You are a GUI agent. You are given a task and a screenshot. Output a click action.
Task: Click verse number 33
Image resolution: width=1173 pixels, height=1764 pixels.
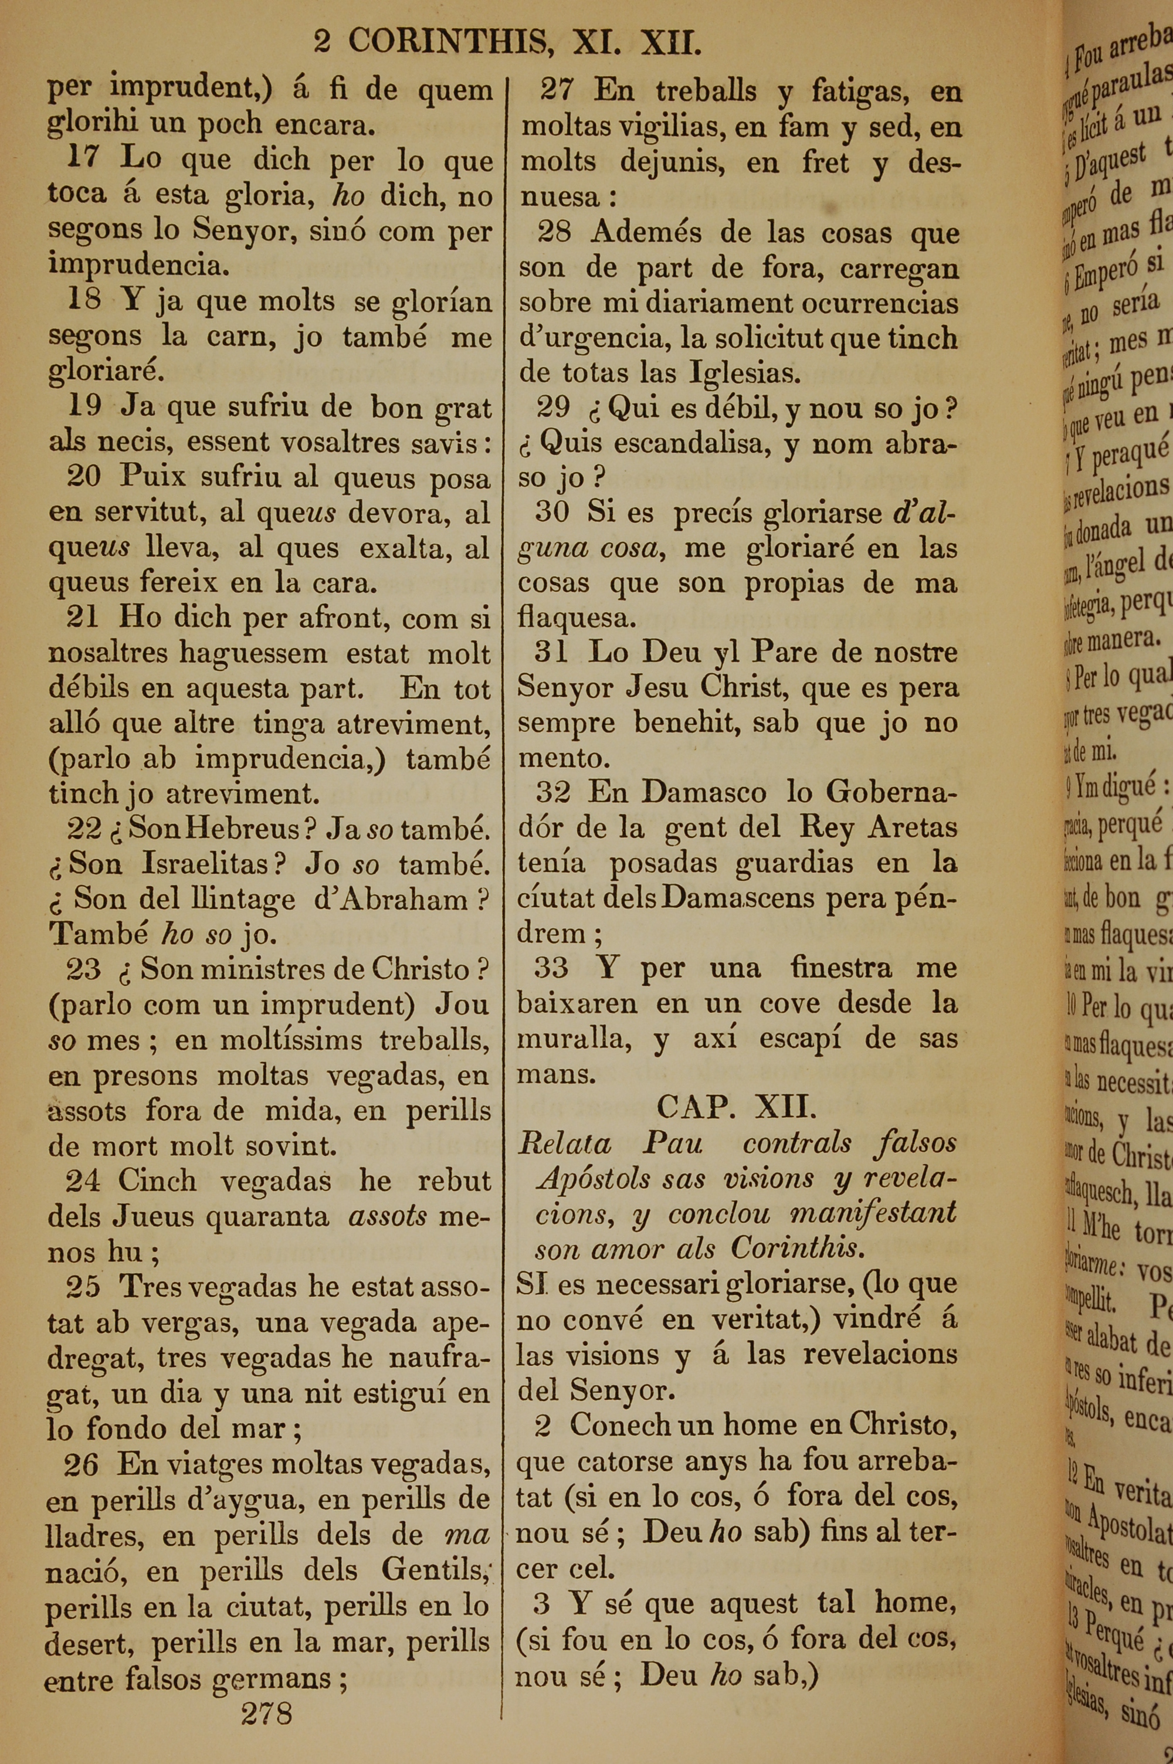pyautogui.click(x=551, y=968)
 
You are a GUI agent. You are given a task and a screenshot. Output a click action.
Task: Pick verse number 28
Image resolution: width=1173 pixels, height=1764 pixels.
pyautogui.click(x=554, y=233)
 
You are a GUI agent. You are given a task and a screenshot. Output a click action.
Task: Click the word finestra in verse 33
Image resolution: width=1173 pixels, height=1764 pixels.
pyautogui.click(x=841, y=968)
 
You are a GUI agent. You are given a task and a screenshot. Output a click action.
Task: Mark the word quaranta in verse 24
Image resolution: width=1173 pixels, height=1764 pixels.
pyautogui.click(x=267, y=1217)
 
